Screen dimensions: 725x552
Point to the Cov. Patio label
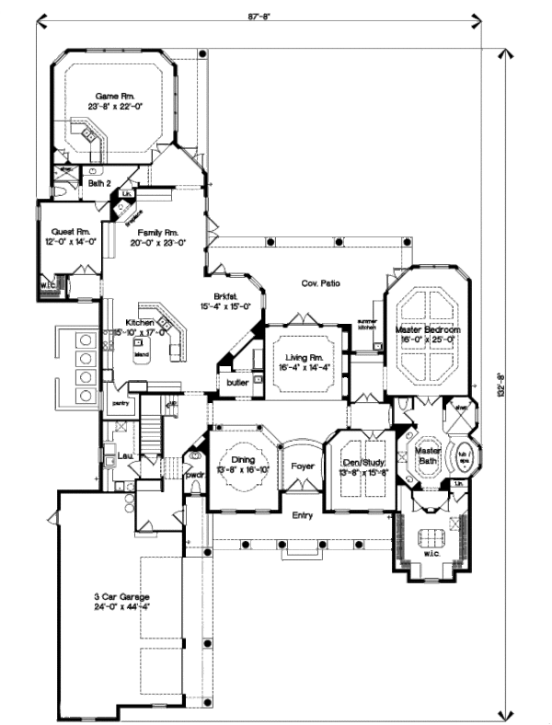pos(319,283)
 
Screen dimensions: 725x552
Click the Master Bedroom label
pos(428,328)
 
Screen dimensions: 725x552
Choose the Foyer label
pos(303,466)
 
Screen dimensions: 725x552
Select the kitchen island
pos(141,353)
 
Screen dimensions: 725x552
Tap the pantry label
pos(119,402)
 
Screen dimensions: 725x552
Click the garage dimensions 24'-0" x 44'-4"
pos(121,608)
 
